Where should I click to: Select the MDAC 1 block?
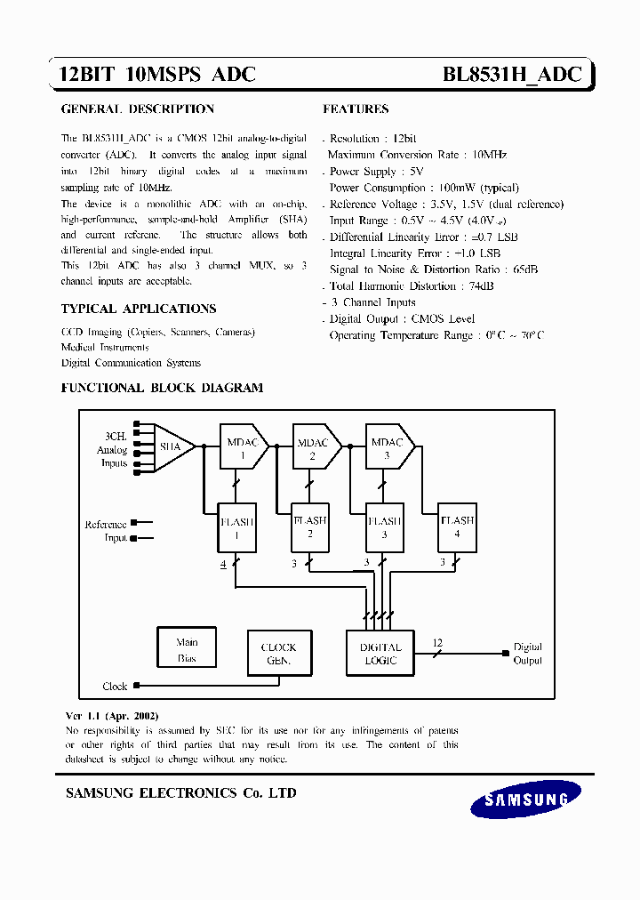click(x=240, y=447)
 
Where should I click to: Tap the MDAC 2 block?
click(x=313, y=447)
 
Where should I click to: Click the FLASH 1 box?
click(x=236, y=526)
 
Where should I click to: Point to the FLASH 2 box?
click(x=309, y=526)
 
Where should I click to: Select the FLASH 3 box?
click(x=384, y=526)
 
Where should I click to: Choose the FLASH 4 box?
click(x=458, y=526)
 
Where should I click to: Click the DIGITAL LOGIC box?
click(x=380, y=654)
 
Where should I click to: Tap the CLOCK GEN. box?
click(x=278, y=654)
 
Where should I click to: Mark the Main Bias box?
click(x=187, y=650)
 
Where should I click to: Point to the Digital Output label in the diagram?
click(x=527, y=654)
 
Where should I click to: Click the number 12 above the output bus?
click(x=436, y=641)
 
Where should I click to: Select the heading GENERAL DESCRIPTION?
click(x=137, y=109)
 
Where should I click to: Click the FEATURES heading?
click(x=356, y=109)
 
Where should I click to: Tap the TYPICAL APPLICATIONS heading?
click(x=139, y=309)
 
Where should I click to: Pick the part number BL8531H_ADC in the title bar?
click(x=512, y=75)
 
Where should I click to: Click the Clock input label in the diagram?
click(x=116, y=687)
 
